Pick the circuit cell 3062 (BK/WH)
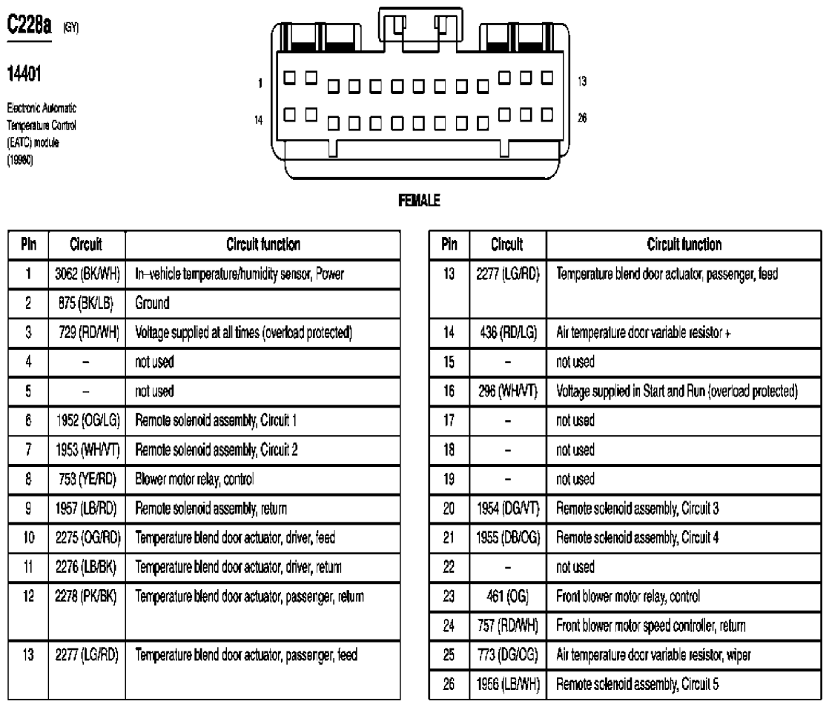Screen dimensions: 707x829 [86, 273]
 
